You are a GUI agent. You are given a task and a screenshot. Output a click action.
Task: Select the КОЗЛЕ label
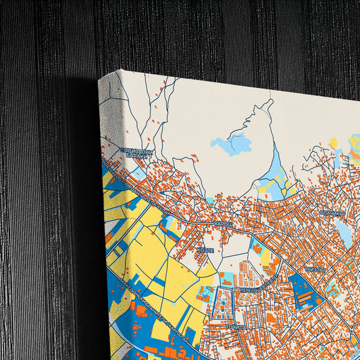click(x=205, y=249)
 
